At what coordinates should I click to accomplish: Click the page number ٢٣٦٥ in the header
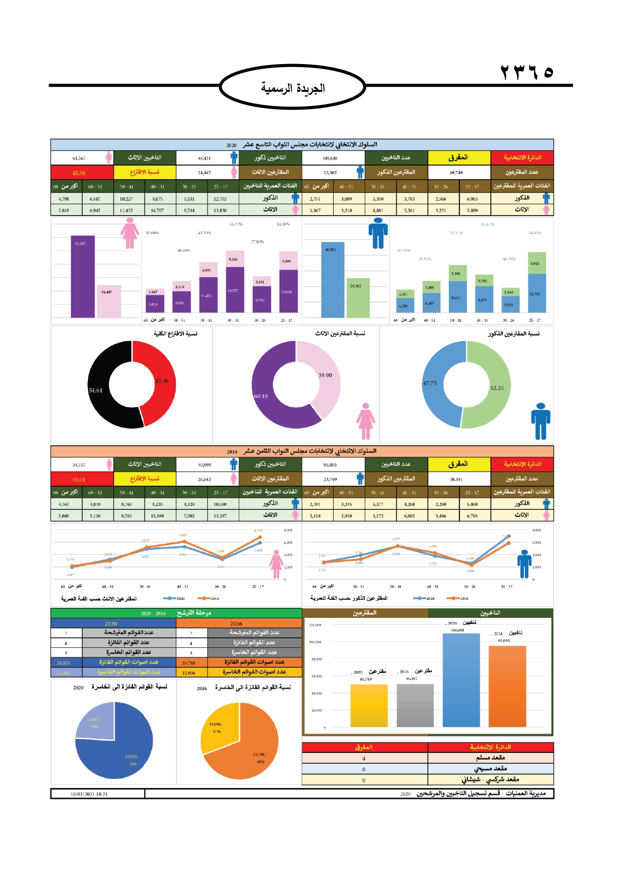pyautogui.click(x=527, y=73)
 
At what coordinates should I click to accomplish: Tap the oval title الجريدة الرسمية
pyautogui.click(x=293, y=88)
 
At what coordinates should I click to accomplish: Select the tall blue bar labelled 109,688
pyautogui.click(x=461, y=680)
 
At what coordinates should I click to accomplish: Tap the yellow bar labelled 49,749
pyautogui.click(x=369, y=705)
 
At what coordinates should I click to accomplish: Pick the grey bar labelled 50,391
pyautogui.click(x=415, y=705)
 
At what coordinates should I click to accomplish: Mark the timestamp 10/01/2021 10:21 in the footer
pyautogui.click(x=89, y=794)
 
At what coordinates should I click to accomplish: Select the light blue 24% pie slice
pyautogui.click(x=95, y=720)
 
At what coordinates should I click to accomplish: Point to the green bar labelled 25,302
pyautogui.click(x=358, y=298)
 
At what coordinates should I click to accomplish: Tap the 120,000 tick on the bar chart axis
pyautogui.click(x=315, y=625)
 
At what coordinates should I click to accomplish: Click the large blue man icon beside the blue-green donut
pyautogui.click(x=540, y=421)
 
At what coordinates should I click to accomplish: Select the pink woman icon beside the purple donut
pyautogui.click(x=366, y=421)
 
